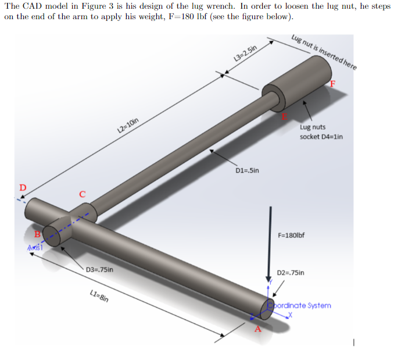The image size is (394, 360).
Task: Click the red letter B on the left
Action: (37, 234)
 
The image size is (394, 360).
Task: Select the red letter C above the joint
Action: (83, 194)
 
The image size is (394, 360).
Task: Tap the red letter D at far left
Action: (23, 187)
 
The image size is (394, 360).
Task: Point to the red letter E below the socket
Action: (284, 116)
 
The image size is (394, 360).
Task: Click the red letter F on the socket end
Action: (332, 84)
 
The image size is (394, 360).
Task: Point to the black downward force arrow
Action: (269, 244)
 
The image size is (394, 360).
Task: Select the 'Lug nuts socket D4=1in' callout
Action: (321, 131)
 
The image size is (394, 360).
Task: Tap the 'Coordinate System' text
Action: (302, 305)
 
